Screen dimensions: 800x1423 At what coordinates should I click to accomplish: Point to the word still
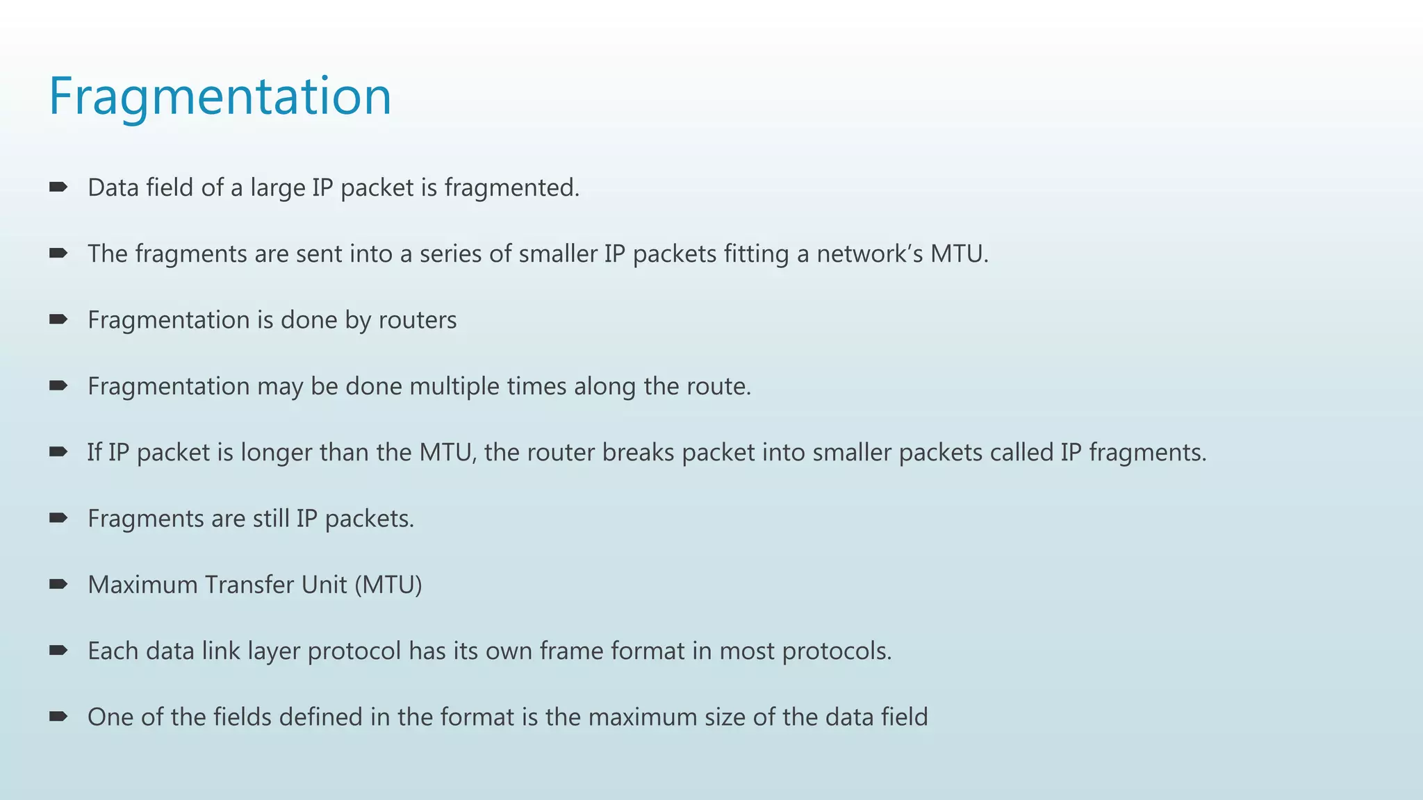click(x=270, y=519)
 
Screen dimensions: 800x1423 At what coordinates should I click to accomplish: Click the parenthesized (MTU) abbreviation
click(x=388, y=585)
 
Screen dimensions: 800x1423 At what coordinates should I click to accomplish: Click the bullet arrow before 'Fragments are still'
click(x=58, y=517)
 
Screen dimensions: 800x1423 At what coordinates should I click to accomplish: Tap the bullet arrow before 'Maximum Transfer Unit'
click(x=58, y=584)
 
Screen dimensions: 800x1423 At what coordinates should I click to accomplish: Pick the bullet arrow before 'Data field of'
click(x=58, y=187)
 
